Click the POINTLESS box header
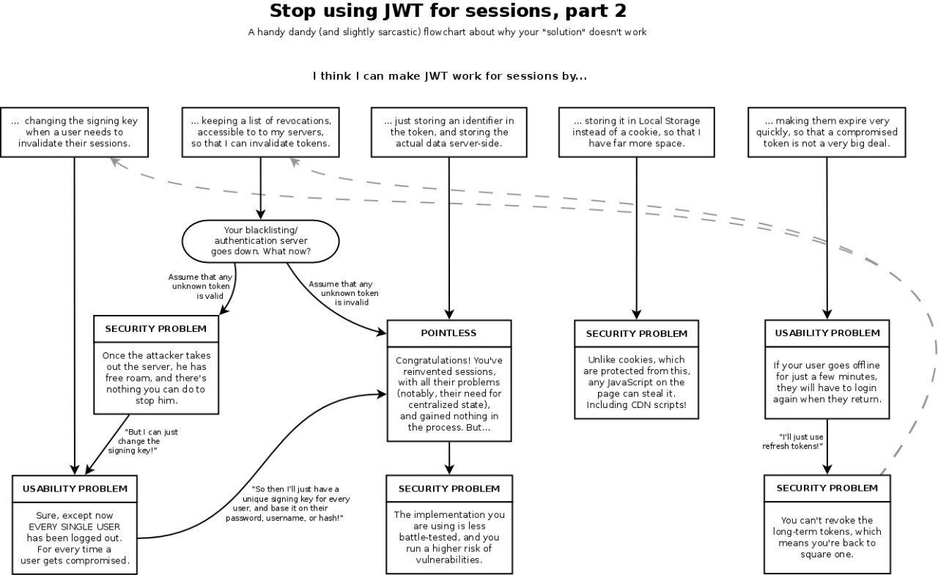pyautogui.click(x=449, y=333)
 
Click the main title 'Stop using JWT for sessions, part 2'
pyautogui.click(x=448, y=11)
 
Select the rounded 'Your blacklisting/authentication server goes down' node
pyautogui.click(x=260, y=241)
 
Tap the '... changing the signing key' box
pyautogui.click(x=75, y=133)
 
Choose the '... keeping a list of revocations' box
pyautogui.click(x=260, y=133)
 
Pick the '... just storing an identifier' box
pyautogui.click(x=449, y=133)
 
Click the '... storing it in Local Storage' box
pyautogui.click(x=637, y=133)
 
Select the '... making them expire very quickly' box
pyautogui.click(x=827, y=133)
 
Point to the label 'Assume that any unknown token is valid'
pyautogui.click(x=200, y=286)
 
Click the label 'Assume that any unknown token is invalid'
pyautogui.click(x=344, y=293)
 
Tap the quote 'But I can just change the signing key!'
pyautogui.click(x=143, y=441)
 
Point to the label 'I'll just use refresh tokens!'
pyautogui.click(x=793, y=442)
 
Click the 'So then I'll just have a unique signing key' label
pyautogui.click(x=288, y=503)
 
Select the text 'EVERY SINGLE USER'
pyautogui.click(x=75, y=527)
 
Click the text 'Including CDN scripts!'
pyautogui.click(x=637, y=404)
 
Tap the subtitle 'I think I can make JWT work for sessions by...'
pyautogui.click(x=450, y=75)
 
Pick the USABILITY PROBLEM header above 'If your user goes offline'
pyautogui.click(x=827, y=333)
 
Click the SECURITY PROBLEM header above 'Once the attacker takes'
pyautogui.click(x=156, y=329)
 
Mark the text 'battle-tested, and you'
pyautogui.click(x=449, y=538)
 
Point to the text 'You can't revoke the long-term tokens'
pyautogui.click(x=827, y=526)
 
